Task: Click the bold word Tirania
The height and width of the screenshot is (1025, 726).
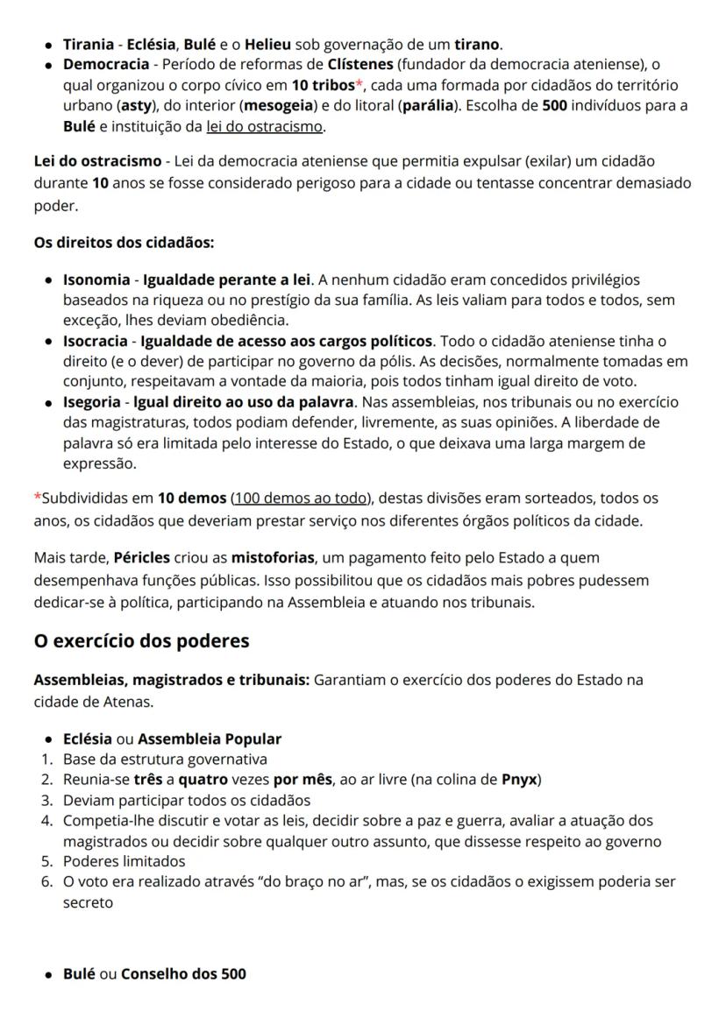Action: (89, 44)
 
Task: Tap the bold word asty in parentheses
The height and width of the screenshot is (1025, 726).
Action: (133, 106)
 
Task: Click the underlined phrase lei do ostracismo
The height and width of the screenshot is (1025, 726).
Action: (265, 127)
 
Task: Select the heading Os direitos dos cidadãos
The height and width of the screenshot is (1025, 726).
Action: (124, 242)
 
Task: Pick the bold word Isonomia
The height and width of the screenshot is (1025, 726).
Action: (95, 279)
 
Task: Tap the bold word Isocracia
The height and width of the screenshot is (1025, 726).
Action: (95, 340)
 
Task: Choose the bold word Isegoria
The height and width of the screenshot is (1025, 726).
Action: (93, 401)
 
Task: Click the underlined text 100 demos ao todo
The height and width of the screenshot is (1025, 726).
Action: (299, 498)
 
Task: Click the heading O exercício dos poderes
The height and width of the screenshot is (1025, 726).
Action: (141, 641)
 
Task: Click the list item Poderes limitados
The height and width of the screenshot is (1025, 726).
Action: (124, 861)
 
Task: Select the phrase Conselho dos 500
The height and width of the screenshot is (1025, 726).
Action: (183, 973)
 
